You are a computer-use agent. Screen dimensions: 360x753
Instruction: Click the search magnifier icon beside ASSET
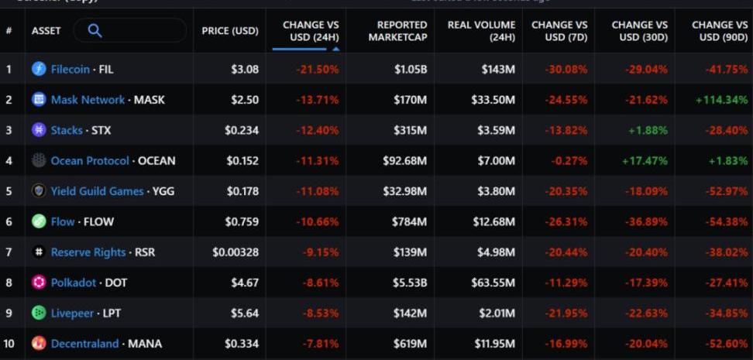pos(95,30)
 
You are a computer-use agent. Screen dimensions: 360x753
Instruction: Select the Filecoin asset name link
pos(70,69)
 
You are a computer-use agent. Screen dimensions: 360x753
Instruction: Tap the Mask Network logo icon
pos(39,99)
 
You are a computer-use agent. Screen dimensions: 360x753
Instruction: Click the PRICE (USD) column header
pos(230,31)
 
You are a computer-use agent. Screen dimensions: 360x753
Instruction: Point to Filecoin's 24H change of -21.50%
pos(318,69)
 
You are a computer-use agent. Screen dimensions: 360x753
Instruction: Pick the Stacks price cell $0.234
pos(242,130)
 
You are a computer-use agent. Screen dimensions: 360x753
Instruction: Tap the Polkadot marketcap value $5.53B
pos(409,283)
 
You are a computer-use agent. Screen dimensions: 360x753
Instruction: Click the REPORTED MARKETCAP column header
pos(397,31)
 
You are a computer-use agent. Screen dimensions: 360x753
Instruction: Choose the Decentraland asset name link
pos(84,343)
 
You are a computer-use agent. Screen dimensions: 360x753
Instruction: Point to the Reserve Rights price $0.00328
pos(236,252)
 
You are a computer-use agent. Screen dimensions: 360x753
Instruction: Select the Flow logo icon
pos(39,221)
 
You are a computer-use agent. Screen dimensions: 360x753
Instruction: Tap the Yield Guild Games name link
pos(97,191)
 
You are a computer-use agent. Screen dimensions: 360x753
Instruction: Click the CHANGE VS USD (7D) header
pos(559,31)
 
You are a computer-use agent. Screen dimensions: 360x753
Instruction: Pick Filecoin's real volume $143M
pos(498,69)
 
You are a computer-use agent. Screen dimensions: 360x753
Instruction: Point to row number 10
pos(10,343)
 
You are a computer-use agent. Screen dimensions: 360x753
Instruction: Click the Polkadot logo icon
pos(39,283)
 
